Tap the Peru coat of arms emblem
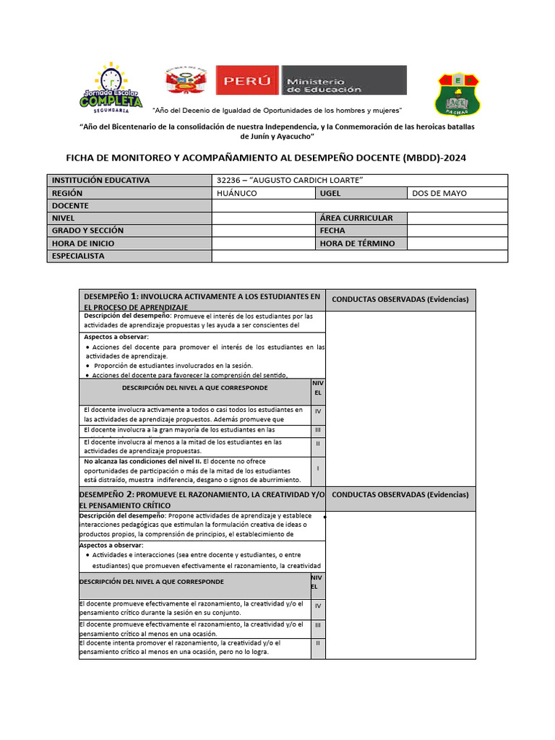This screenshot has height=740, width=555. coord(186,81)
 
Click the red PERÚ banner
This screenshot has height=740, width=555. coord(247,80)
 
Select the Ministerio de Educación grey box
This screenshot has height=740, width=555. coord(343,80)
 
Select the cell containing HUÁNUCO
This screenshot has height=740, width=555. coord(263,194)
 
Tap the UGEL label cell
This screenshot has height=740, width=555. coord(361,194)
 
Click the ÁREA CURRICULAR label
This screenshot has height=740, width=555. coord(361,218)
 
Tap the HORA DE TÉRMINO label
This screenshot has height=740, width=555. coord(361,244)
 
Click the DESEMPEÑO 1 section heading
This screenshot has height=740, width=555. coord(202,301)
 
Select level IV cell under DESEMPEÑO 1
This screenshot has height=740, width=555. coord(318,411)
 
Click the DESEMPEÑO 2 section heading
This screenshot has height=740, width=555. coord(202,499)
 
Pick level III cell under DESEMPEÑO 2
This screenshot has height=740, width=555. coord(318,624)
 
